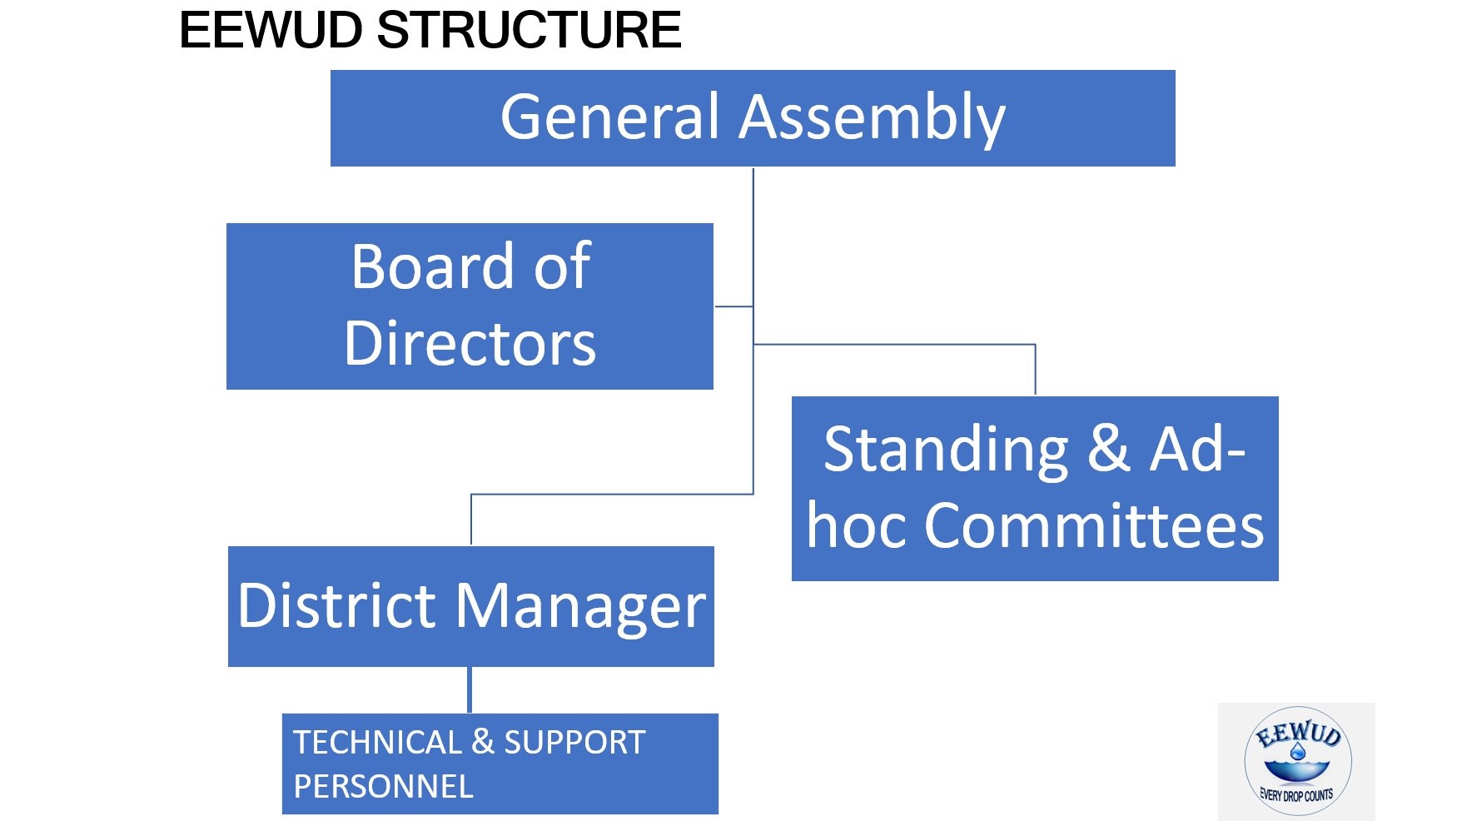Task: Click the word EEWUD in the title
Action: [271, 30]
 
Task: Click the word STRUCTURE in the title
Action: [530, 30]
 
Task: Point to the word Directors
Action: [470, 343]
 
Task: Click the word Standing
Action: [946, 450]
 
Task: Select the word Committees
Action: [1094, 526]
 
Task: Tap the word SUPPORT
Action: [574, 742]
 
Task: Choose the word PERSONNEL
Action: [383, 786]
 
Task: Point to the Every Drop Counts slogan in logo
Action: [1296, 795]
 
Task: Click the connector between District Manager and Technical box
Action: [470, 689]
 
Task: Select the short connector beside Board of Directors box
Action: [733, 306]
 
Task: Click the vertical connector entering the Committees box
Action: [1035, 370]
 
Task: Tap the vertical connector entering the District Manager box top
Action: [471, 520]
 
